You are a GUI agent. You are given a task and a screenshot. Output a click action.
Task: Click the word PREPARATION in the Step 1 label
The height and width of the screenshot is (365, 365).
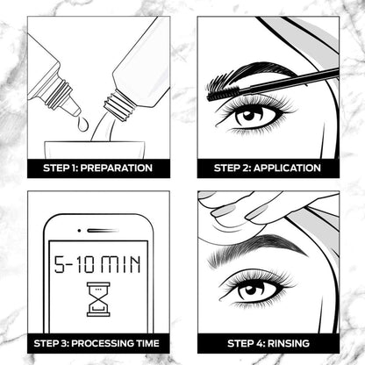pos(117,168)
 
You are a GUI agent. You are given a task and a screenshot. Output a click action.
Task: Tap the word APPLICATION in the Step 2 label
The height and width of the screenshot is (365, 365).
pos(287,168)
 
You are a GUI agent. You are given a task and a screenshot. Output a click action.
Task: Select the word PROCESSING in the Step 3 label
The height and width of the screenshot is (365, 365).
pos(103,343)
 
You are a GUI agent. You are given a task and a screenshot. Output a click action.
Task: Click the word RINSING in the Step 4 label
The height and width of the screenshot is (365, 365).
pos(289,343)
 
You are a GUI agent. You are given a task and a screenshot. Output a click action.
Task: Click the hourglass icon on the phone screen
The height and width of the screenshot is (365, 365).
pos(98,299)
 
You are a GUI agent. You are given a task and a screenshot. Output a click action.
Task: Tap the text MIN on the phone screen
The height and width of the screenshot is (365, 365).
pos(121,264)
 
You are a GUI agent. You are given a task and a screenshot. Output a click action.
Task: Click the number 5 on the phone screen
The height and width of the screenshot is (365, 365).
pos(61,264)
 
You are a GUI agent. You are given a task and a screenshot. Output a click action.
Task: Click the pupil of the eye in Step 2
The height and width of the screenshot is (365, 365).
pos(248,116)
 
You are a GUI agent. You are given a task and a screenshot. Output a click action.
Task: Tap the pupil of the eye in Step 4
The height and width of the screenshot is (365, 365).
pos(251,290)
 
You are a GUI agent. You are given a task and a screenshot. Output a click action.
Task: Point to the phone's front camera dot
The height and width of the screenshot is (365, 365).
pos(79,231)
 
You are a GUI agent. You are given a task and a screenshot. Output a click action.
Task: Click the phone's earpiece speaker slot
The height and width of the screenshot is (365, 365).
pos(103,231)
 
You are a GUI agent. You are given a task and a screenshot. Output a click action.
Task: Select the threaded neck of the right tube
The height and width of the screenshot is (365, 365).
pos(120,105)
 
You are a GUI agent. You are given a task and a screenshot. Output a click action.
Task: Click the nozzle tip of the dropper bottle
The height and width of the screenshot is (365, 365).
pos(76,111)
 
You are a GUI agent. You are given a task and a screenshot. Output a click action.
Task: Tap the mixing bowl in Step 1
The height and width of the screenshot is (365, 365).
pos(95,150)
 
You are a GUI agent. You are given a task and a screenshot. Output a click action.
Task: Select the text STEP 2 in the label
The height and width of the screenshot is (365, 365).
pos(233,168)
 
